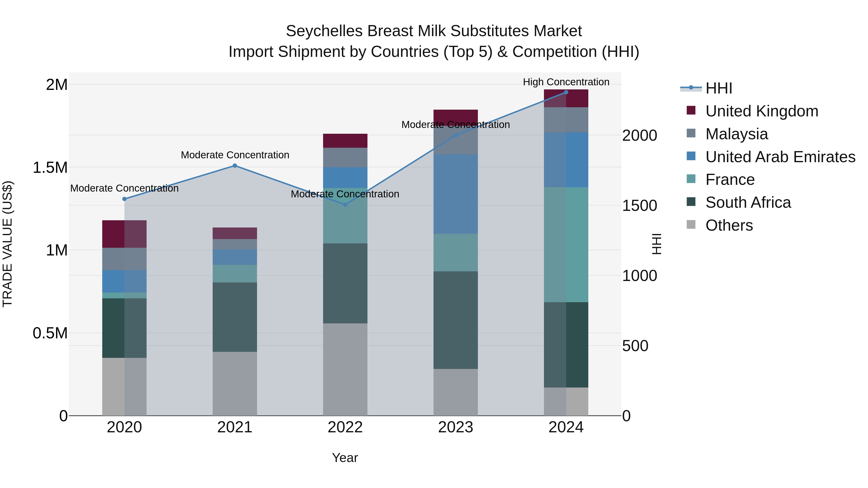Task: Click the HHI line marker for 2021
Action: click(x=235, y=166)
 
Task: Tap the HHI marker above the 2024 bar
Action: click(x=566, y=92)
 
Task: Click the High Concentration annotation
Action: click(x=566, y=82)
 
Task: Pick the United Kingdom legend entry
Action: click(x=761, y=111)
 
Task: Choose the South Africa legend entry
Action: click(x=748, y=202)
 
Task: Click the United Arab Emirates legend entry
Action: click(x=780, y=157)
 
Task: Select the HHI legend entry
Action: click(x=719, y=88)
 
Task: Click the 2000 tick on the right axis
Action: click(x=639, y=135)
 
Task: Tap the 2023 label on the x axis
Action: click(x=455, y=427)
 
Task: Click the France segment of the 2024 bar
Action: click(x=566, y=245)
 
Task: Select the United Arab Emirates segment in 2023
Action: click(x=455, y=194)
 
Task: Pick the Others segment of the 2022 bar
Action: click(x=345, y=369)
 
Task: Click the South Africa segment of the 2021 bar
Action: click(x=235, y=317)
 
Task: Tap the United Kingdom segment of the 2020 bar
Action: click(x=124, y=234)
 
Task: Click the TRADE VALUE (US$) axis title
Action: click(x=7, y=244)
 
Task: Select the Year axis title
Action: click(x=345, y=458)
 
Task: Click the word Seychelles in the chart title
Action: click(x=325, y=31)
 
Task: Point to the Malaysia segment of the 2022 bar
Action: click(x=345, y=157)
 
